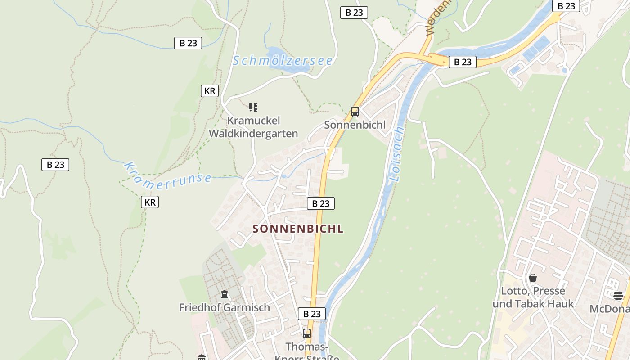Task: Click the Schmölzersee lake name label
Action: coord(283,60)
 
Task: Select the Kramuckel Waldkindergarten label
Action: coord(253,127)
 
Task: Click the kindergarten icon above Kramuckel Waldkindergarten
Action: coord(253,108)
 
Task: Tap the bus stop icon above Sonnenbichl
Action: coord(355,111)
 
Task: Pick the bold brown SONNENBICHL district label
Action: coord(298,229)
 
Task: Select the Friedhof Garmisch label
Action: coord(225,307)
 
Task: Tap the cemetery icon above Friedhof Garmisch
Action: coord(225,295)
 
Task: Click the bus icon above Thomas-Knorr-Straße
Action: coord(307,333)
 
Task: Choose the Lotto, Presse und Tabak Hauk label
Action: coord(533,297)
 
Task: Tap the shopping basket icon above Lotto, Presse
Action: coord(533,278)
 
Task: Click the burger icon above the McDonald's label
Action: coord(618,295)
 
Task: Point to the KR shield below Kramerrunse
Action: coord(150,202)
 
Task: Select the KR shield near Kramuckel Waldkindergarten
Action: coord(210,91)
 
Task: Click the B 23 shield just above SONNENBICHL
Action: coord(321,203)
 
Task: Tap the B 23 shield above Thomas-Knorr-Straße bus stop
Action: coord(312,314)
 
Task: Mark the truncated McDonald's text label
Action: coord(610,309)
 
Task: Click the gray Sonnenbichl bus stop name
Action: coord(355,125)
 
